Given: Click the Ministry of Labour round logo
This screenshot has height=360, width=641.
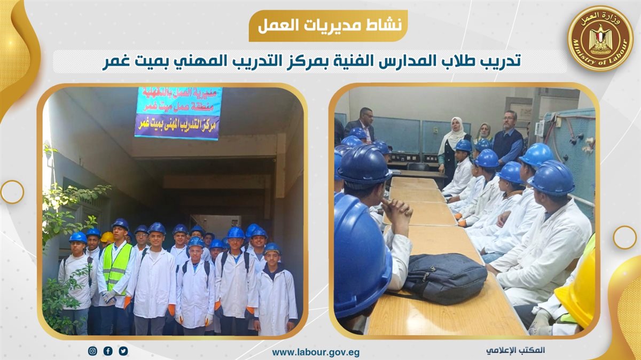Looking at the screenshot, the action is [x=600, y=38].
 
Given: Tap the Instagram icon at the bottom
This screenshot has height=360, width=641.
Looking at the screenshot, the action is [x=92, y=351].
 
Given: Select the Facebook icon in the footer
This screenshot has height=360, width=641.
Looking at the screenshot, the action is [x=108, y=351].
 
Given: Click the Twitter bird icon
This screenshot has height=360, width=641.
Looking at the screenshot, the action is [x=123, y=351].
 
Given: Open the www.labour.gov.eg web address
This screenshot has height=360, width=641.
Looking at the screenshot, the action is [x=316, y=353].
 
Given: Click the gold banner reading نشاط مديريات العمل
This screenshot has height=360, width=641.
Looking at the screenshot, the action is [x=328, y=26].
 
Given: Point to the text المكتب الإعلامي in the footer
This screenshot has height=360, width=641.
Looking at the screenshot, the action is [x=515, y=350].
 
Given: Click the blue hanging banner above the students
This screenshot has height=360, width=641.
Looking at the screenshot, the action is [x=178, y=113].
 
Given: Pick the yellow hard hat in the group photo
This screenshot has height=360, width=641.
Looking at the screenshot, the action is [x=107, y=237].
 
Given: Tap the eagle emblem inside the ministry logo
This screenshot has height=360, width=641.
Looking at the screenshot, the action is [x=600, y=38].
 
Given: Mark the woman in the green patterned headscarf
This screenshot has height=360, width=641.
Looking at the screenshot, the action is [x=483, y=132].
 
